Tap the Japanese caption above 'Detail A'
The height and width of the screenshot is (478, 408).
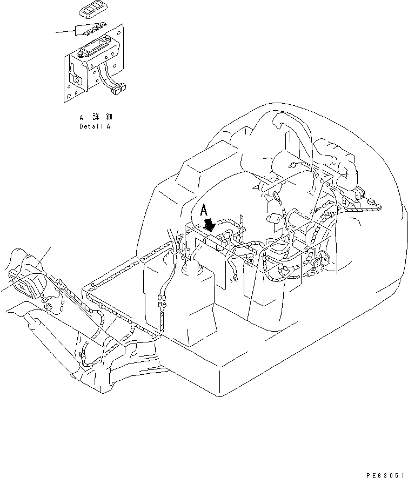(96, 117)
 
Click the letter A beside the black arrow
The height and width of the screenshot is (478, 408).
(204, 210)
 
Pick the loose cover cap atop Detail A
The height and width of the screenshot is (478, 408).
(92, 10)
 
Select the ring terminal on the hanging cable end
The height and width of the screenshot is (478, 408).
(236, 280)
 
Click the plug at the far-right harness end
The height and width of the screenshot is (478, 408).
(374, 206)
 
